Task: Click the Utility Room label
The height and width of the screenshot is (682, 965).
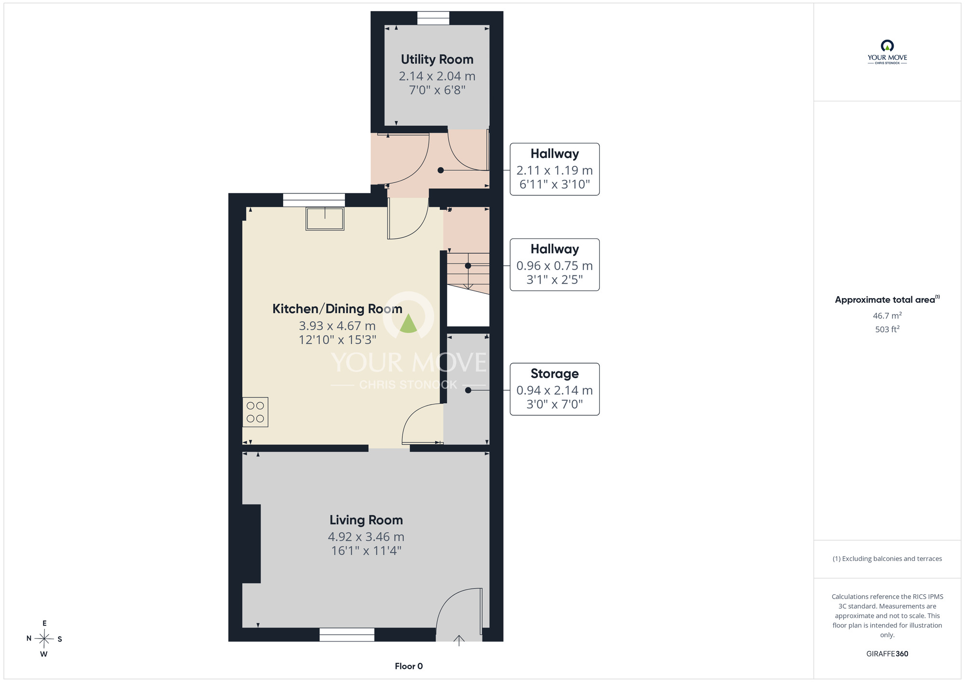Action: [x=437, y=59]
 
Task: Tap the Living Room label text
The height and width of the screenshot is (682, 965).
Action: [x=366, y=520]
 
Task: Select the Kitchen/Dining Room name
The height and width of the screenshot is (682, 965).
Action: [x=337, y=309]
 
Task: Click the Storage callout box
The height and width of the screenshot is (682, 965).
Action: [x=554, y=389]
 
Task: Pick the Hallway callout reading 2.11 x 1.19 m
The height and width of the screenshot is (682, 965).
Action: [x=554, y=169]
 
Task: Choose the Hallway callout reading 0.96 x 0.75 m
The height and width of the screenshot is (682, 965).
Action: [x=554, y=265]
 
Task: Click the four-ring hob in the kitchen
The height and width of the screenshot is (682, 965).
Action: [x=255, y=412]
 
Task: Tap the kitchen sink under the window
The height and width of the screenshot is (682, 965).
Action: [x=325, y=218]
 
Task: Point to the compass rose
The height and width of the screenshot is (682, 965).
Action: [x=44, y=639]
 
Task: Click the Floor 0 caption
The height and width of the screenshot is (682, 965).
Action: [x=409, y=666]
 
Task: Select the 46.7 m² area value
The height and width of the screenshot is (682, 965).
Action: [x=887, y=315]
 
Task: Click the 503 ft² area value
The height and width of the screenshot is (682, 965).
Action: [x=887, y=329]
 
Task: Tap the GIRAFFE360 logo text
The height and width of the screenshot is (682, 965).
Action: [x=887, y=654]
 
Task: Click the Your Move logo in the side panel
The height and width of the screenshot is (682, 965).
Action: [x=887, y=52]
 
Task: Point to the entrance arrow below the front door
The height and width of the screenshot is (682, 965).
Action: [x=459, y=640]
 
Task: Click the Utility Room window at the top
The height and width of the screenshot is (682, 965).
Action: [x=433, y=18]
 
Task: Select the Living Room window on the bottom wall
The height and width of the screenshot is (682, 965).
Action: [x=347, y=635]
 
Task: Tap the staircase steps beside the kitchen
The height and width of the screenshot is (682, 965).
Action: [x=468, y=273]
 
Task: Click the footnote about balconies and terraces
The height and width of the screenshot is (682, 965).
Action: [x=887, y=559]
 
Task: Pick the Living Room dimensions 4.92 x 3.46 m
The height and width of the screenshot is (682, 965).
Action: [x=366, y=537]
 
